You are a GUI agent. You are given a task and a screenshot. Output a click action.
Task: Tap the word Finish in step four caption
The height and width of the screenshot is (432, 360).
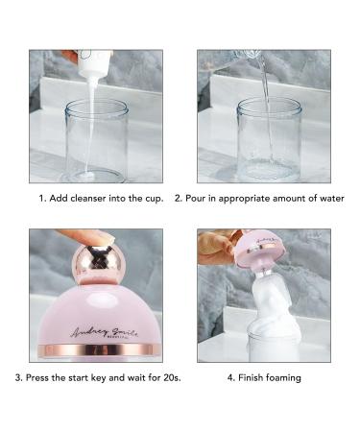(x=250, y=377)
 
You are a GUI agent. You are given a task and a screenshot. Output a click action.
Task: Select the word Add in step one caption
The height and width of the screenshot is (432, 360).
(x=55, y=199)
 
